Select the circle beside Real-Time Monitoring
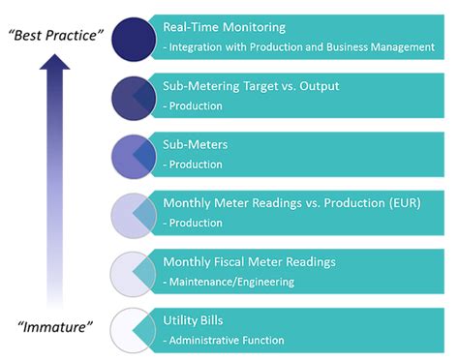point(133,40)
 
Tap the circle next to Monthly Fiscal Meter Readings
point(133,270)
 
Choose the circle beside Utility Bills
point(133,329)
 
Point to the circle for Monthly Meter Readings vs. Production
point(133,213)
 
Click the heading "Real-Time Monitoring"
point(225,29)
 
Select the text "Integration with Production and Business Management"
point(303,46)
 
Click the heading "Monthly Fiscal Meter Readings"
point(251,261)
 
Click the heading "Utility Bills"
point(194,319)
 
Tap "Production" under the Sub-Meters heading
point(196,165)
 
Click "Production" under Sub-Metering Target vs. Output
point(196,106)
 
